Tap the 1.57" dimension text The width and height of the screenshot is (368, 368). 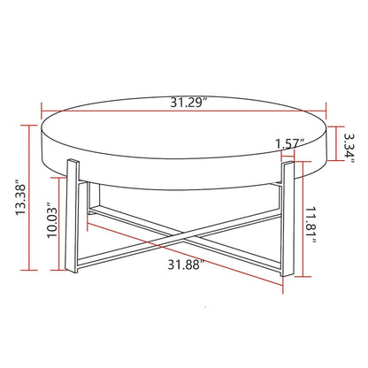(289, 142)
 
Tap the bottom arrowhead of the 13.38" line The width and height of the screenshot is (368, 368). (33, 270)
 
